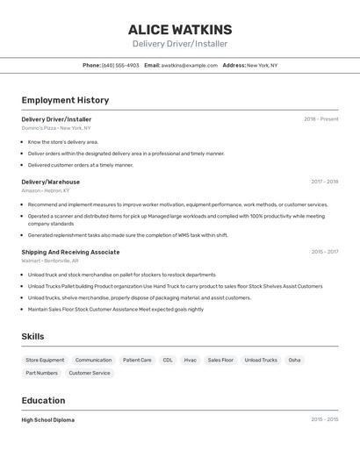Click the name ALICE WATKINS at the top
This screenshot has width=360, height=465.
coord(180,29)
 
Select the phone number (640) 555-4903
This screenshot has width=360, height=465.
coord(120,65)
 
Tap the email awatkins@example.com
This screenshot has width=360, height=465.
coord(190,65)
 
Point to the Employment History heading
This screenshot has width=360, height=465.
coord(65,100)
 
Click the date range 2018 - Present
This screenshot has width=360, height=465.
coord(320,119)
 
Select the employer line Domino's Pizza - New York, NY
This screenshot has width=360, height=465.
coord(56,128)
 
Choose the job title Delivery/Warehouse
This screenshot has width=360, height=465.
coord(50,182)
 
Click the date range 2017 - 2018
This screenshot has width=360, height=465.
coord(324,182)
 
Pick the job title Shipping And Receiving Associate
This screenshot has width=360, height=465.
coord(70,252)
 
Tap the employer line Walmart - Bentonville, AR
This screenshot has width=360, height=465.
coord(50,261)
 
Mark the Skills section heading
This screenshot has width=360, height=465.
coord(32,336)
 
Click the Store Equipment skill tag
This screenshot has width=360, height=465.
coord(45,360)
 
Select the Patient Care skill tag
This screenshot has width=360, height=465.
coord(137,360)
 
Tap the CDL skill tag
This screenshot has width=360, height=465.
coord(168,360)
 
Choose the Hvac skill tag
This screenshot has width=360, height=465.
coord(190,360)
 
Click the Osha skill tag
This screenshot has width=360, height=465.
coord(294,360)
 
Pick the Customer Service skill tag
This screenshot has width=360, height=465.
coord(90,373)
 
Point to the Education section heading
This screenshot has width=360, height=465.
coord(44,400)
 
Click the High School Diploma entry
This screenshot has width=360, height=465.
coord(48,419)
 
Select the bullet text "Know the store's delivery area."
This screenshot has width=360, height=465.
coord(63,141)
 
